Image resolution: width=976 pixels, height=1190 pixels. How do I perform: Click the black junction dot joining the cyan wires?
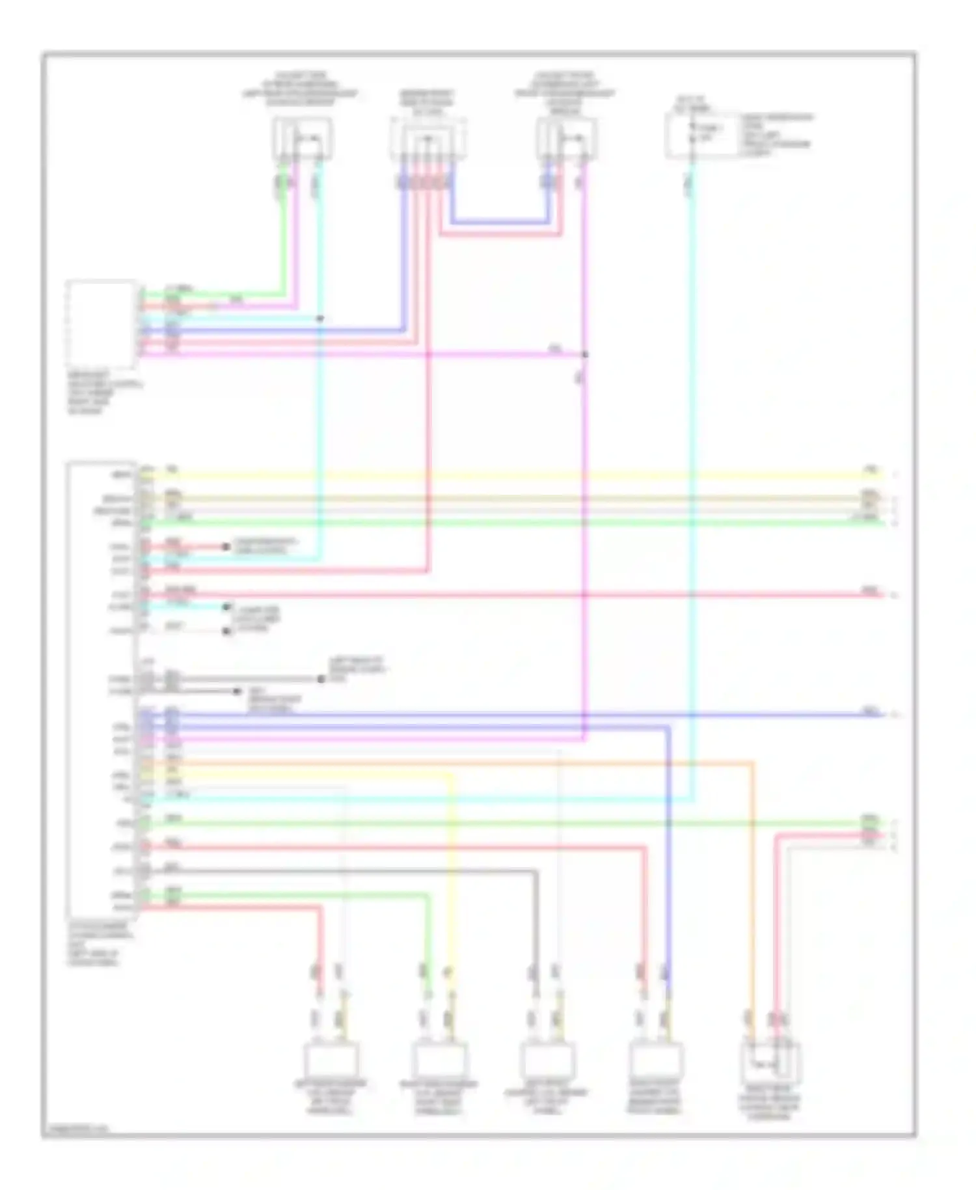(x=319, y=319)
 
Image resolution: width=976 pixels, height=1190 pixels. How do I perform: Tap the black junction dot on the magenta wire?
(x=584, y=355)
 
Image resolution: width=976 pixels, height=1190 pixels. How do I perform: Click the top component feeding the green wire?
(x=302, y=138)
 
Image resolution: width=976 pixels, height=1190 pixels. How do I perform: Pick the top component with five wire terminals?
(x=427, y=139)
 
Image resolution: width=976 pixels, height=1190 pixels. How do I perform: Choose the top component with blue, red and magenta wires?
(x=567, y=139)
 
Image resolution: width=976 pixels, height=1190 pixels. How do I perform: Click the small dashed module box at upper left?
(x=102, y=325)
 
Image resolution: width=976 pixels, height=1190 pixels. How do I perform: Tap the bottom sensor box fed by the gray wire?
(x=547, y=1060)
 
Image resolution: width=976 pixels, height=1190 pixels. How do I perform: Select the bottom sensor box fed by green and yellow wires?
(x=440, y=1060)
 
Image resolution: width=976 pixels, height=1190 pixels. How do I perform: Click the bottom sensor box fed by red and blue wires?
(x=656, y=1060)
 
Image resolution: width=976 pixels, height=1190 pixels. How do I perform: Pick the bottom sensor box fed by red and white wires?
(x=331, y=1060)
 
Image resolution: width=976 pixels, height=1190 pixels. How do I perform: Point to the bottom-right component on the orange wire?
(x=770, y=1062)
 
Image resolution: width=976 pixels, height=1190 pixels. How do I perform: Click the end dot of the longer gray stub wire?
(x=321, y=679)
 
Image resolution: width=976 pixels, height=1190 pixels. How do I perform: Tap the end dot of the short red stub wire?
(x=226, y=547)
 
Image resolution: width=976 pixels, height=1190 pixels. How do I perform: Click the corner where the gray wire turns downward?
(x=536, y=871)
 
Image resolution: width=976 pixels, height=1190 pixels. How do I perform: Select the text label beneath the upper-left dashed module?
(x=105, y=393)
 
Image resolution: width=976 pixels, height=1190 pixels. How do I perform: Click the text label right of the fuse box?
(x=778, y=135)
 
